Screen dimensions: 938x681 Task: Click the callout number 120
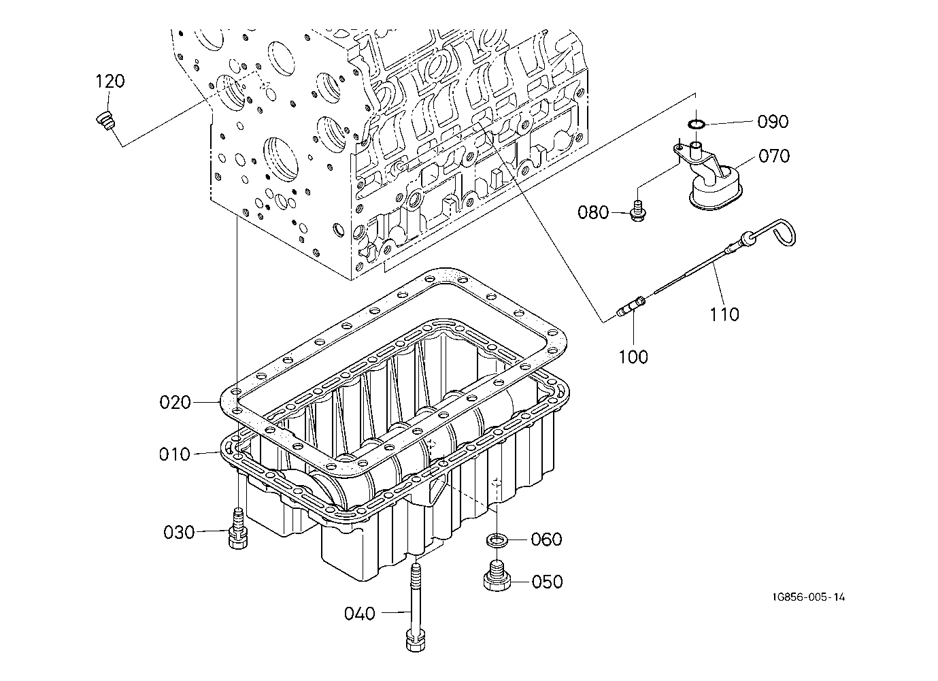(x=110, y=81)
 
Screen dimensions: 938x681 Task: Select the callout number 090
(x=773, y=122)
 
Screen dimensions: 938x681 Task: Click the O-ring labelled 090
(x=697, y=124)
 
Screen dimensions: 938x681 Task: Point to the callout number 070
(x=774, y=156)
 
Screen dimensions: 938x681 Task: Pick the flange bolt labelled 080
(x=638, y=211)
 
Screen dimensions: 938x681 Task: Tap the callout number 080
(x=593, y=212)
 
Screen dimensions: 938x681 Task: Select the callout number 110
(x=724, y=314)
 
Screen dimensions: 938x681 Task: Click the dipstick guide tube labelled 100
(x=631, y=307)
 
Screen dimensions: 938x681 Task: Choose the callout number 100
(x=633, y=357)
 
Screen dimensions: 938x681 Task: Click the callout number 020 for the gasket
(x=175, y=403)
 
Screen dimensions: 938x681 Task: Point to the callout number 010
(x=174, y=454)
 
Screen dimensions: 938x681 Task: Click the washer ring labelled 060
(x=497, y=540)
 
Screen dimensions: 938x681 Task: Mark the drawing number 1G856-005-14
(x=809, y=597)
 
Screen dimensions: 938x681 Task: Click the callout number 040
(x=360, y=614)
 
